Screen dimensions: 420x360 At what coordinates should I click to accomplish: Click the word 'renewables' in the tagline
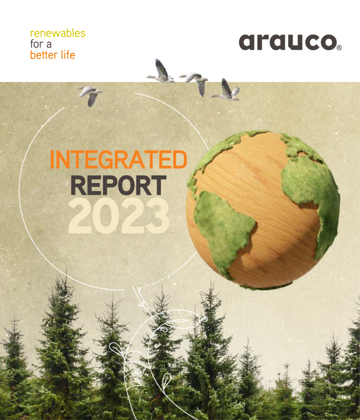[x=57, y=33]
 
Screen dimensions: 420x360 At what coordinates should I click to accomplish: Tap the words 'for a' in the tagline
[x=41, y=44]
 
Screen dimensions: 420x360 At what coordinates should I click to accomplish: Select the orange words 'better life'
[x=52, y=55]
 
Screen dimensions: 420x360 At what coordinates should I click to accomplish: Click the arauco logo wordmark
[x=287, y=42]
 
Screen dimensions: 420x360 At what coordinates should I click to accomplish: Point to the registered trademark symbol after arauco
[x=339, y=48]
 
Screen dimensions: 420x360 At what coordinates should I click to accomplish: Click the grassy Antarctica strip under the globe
[x=267, y=286]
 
